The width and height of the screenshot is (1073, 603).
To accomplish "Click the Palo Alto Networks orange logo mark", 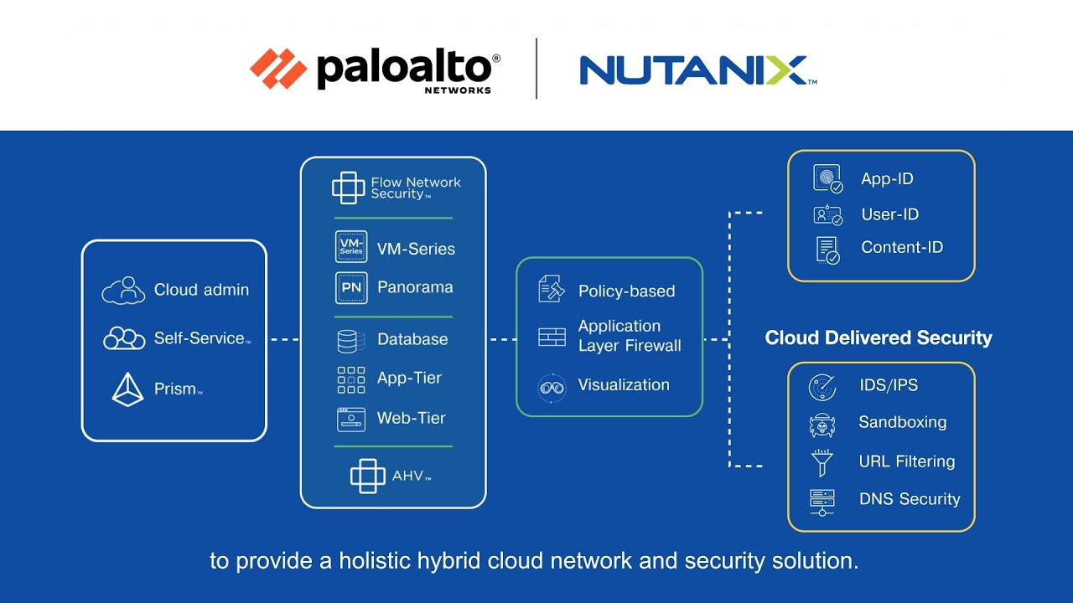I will (x=278, y=69).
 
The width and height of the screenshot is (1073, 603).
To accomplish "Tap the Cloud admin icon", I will (x=123, y=290).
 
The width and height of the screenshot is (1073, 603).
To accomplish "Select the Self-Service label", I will (x=200, y=338).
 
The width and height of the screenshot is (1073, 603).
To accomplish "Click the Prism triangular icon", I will (x=127, y=389).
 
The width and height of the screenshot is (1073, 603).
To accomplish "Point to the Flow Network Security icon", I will (x=348, y=188).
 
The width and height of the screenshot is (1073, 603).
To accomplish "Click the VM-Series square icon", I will (x=350, y=248).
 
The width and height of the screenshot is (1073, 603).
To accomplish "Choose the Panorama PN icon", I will (x=350, y=287).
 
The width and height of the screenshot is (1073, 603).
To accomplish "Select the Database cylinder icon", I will (x=350, y=340).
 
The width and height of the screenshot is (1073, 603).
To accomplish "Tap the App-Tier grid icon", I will (x=350, y=379).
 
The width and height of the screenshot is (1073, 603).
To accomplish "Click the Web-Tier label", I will (x=411, y=418).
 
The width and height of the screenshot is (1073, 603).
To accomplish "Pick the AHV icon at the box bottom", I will (x=367, y=476).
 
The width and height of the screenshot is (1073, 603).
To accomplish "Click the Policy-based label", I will (x=626, y=291).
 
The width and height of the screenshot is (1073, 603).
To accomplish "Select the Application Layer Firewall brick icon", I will (x=552, y=337).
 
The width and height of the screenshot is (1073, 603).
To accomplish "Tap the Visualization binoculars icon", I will (x=552, y=387).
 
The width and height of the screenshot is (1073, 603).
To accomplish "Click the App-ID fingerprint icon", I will (x=827, y=178).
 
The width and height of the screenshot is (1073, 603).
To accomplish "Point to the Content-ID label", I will (x=902, y=247).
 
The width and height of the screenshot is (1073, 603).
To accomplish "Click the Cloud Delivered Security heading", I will (x=879, y=338).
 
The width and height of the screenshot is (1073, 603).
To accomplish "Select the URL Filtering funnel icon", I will (x=822, y=462).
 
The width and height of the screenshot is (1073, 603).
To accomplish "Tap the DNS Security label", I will (x=910, y=499).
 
